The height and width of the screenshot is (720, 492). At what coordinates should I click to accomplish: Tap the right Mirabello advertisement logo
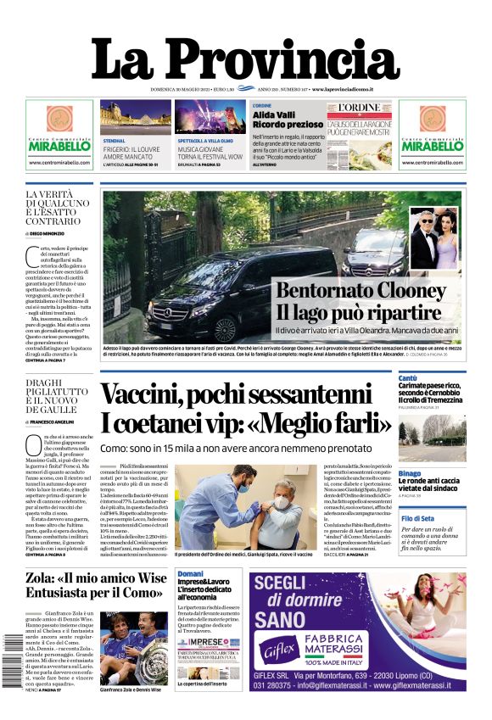[433, 145]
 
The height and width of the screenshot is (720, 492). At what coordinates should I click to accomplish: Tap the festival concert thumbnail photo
[210, 118]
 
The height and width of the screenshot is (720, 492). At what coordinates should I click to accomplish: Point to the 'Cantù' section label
[409, 378]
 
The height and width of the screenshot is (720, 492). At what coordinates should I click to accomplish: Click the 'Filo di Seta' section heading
[418, 517]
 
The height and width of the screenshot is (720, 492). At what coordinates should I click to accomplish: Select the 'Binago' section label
[411, 473]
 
